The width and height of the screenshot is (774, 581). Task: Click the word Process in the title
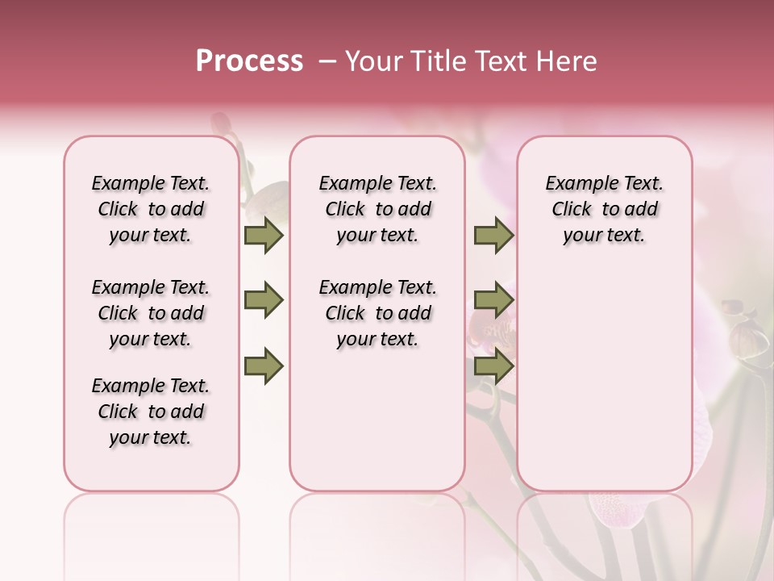click(249, 61)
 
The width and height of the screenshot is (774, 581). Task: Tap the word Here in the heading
click(566, 61)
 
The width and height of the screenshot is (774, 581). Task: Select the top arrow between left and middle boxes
click(264, 236)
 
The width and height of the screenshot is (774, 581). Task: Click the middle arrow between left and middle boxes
click(264, 301)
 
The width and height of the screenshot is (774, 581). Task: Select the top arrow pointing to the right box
click(493, 236)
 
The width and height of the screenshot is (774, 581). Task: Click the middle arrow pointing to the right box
click(493, 301)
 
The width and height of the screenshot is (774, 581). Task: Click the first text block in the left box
click(151, 209)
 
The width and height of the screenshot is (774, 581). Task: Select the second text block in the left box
click(151, 313)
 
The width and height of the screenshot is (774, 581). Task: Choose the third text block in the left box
click(151, 412)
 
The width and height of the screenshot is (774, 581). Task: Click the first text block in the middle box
click(377, 209)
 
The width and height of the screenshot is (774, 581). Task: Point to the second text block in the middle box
click(377, 313)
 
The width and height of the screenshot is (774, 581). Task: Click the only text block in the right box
click(604, 209)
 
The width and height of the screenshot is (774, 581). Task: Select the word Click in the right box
click(572, 210)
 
